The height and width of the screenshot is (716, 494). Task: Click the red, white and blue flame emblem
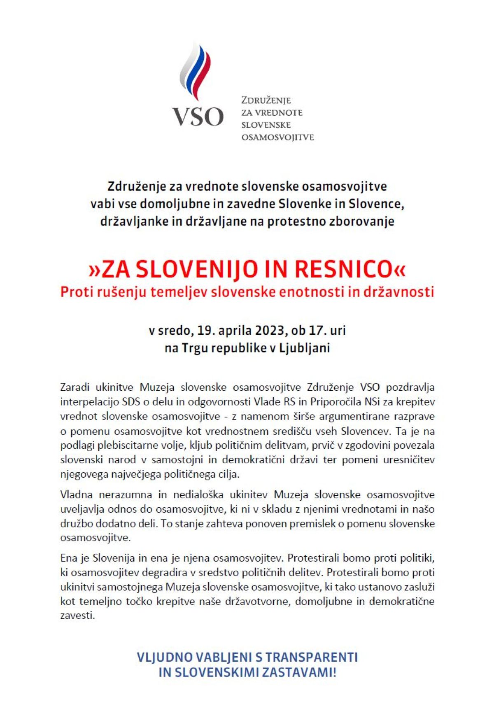(196, 72)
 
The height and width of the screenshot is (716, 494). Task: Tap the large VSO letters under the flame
(198, 116)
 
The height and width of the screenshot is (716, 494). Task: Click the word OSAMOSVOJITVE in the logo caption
(277, 137)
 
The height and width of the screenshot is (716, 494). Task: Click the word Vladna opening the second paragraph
(77, 494)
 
